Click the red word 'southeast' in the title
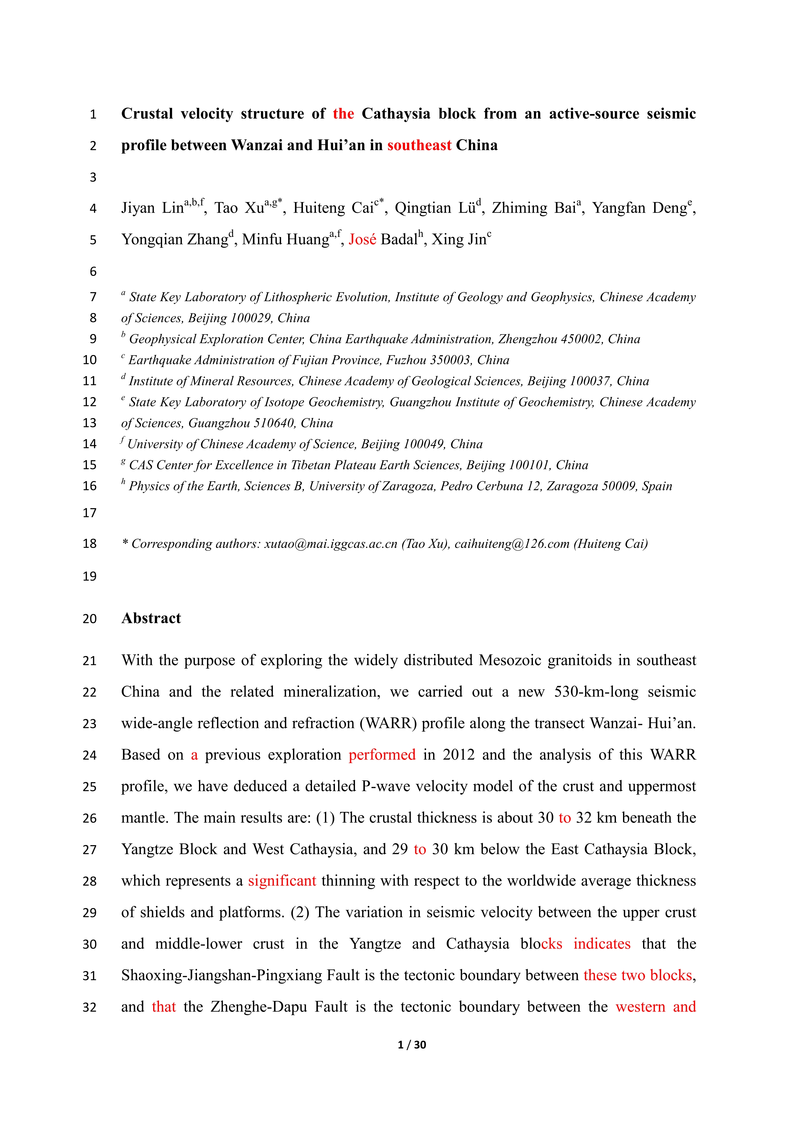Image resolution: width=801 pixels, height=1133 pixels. pyautogui.click(x=419, y=146)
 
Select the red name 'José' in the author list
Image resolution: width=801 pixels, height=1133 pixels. pyautogui.click(x=362, y=240)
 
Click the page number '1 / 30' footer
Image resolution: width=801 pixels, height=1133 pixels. pyautogui.click(x=412, y=1045)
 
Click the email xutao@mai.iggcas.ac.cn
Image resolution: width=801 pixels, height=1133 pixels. pyautogui.click(x=330, y=544)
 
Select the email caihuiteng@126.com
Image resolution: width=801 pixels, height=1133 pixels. pyautogui.click(x=512, y=544)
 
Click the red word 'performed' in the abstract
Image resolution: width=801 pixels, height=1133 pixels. pyautogui.click(x=382, y=755)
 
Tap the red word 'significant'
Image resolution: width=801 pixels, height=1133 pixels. pyautogui.click(x=282, y=881)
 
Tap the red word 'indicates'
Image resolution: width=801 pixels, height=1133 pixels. pyautogui.click(x=602, y=944)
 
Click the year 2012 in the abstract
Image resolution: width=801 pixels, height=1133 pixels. pyautogui.click(x=459, y=755)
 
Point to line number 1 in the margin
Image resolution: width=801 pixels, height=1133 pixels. pyautogui.click(x=93, y=114)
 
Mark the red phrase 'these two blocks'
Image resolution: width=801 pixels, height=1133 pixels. pyautogui.click(x=638, y=976)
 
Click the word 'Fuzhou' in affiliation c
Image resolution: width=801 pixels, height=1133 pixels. pyautogui.click(x=406, y=360)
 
